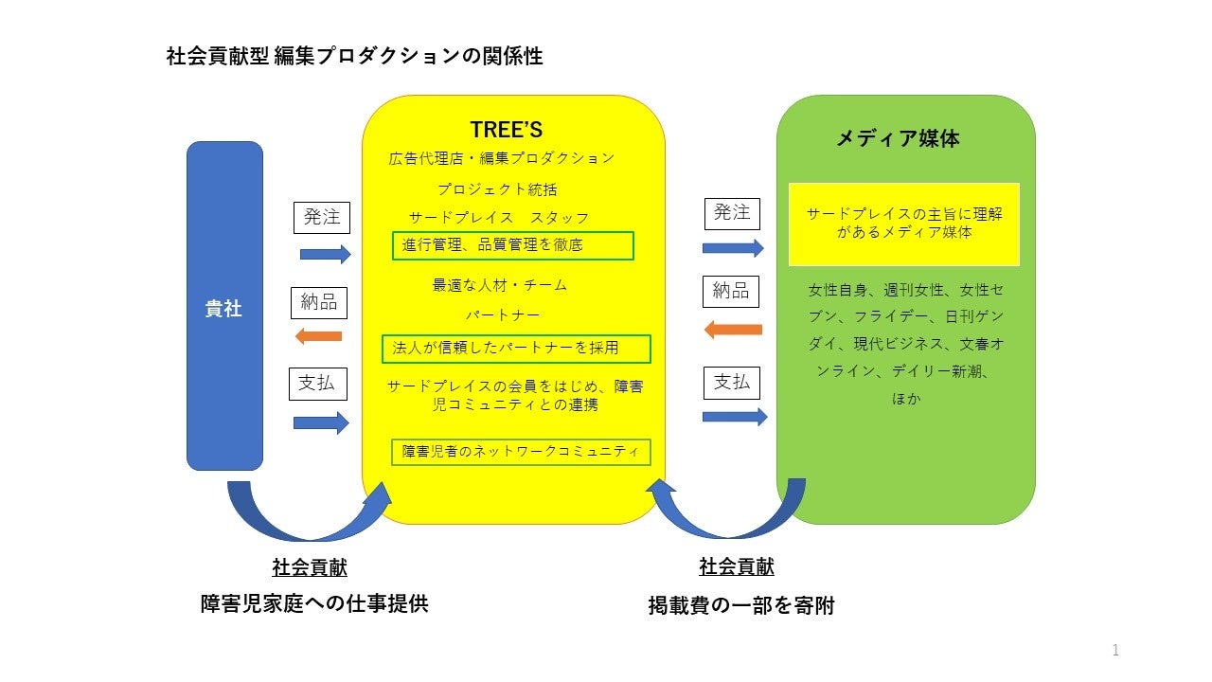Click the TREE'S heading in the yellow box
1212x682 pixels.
506,130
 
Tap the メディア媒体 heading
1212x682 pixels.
897,138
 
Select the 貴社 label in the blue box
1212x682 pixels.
224,309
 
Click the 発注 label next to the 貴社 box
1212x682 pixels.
322,217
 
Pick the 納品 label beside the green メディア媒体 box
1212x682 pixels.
731,291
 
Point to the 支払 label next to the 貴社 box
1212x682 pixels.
317,384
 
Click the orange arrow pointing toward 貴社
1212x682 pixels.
318,335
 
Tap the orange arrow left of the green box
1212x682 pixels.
734,330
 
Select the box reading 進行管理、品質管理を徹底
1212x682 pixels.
513,245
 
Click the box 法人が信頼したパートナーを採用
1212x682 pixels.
516,349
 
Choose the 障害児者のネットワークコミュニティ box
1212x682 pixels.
521,452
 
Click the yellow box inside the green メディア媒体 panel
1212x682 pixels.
904,224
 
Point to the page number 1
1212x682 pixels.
1115,650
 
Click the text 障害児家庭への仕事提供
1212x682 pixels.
314,603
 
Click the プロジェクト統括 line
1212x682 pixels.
497,189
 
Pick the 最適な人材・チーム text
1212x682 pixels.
500,285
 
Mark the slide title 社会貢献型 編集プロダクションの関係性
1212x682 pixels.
354,57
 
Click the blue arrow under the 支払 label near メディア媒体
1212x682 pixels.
735,417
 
